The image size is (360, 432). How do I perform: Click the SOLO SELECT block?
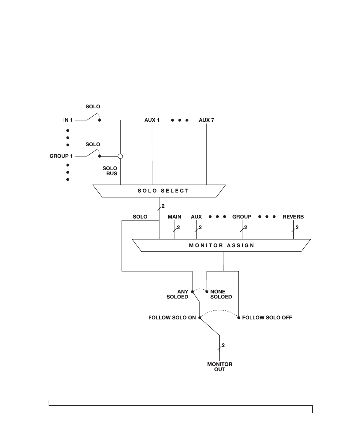[159, 191]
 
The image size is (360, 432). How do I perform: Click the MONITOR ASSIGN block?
[221, 245]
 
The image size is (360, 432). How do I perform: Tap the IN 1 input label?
[68, 120]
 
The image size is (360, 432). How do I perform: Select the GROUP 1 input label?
[61, 156]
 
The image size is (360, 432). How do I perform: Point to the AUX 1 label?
[152, 120]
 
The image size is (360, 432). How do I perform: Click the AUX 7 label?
[206, 120]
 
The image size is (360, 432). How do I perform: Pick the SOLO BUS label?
[110, 171]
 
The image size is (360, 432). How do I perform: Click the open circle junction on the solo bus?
[120, 156]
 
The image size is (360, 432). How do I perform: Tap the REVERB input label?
[293, 216]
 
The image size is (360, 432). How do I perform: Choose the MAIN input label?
[175, 216]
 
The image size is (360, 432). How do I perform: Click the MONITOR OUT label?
[220, 367]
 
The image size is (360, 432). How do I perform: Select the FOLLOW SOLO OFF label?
[267, 317]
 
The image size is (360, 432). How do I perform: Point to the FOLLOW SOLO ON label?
[172, 317]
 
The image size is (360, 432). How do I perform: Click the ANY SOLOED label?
[177, 294]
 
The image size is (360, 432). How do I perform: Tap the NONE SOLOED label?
[221, 294]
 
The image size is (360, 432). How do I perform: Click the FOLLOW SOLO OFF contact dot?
[238, 317]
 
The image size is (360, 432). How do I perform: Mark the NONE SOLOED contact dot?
[207, 292]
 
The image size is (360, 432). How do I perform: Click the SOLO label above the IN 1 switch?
[93, 107]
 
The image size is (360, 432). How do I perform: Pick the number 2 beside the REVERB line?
[297, 227]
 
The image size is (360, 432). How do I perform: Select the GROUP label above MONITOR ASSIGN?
[242, 216]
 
